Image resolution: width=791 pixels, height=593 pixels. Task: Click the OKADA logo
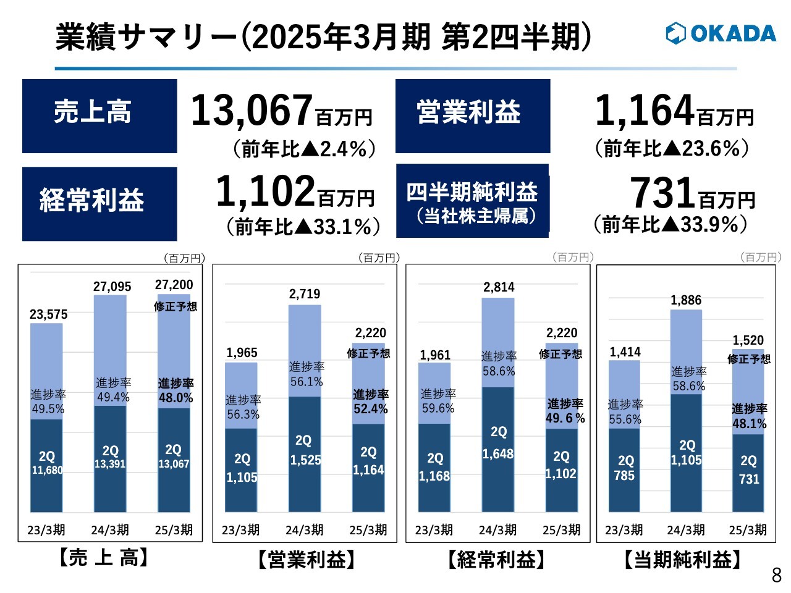pyautogui.click(x=721, y=33)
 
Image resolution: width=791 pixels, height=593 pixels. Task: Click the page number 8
pyautogui.click(x=776, y=575)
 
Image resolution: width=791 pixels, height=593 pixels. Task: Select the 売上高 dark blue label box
pyautogui.click(x=99, y=116)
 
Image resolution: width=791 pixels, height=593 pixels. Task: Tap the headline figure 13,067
pyautogui.click(x=251, y=111)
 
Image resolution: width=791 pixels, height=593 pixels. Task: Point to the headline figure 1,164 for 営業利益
pyautogui.click(x=645, y=111)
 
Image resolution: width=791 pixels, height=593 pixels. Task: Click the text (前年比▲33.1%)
pyautogui.click(x=303, y=227)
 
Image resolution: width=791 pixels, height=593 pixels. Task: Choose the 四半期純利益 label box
pyautogui.click(x=472, y=201)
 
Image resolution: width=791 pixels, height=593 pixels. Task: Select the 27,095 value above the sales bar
pyautogui.click(x=112, y=287)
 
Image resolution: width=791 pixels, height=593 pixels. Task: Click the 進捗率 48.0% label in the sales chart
pyautogui.click(x=176, y=391)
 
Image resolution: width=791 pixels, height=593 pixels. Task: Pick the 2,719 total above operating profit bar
pyautogui.click(x=305, y=294)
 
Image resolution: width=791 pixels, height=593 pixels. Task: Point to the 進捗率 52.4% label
pyautogui.click(x=370, y=402)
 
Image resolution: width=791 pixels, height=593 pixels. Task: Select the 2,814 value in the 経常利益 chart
pyautogui.click(x=499, y=287)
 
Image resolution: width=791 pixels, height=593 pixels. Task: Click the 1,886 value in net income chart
pyautogui.click(x=686, y=300)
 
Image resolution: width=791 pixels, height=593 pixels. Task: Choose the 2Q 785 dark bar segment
pyautogui.click(x=625, y=469)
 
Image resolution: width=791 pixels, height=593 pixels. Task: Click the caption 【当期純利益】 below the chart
pyautogui.click(x=682, y=560)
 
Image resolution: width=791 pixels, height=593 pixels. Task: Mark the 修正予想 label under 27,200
pyautogui.click(x=175, y=306)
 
